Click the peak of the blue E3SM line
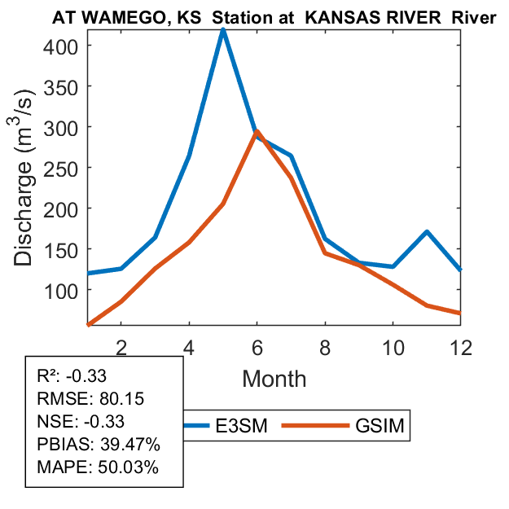pyautogui.click(x=223, y=30)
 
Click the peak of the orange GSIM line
pyautogui.click(x=257, y=131)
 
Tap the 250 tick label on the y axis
pyautogui.click(x=60, y=168)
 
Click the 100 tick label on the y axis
pyautogui.click(x=60, y=290)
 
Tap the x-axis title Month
pyautogui.click(x=274, y=378)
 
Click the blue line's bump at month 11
pyautogui.click(x=427, y=232)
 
